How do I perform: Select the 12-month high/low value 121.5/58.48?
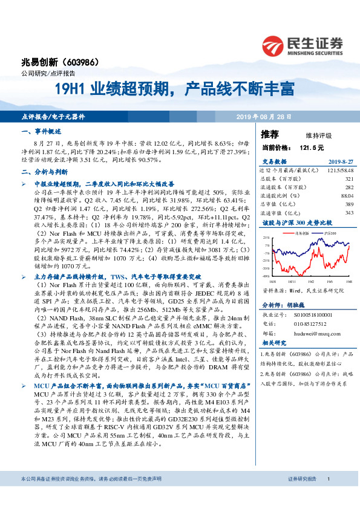(x=341, y=170)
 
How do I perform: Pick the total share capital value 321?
(x=349, y=179)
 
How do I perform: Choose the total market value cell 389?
(x=349, y=204)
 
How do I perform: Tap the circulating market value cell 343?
(x=349, y=213)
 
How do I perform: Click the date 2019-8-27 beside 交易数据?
(x=339, y=161)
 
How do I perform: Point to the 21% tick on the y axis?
(x=266, y=239)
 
